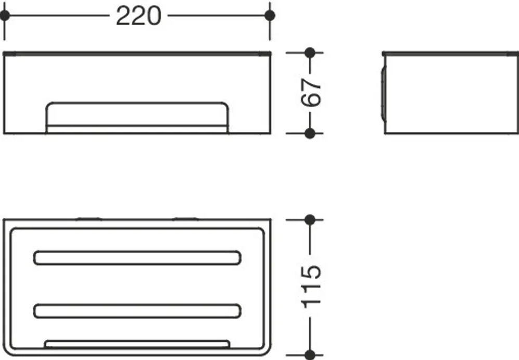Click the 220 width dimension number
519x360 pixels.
tap(138, 16)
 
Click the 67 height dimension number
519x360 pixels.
tap(311, 92)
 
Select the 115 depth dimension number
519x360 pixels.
tap(311, 287)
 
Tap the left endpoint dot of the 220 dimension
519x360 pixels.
tap(5, 15)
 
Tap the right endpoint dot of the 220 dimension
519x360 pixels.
tap(270, 15)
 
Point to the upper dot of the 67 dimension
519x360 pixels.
tap(310, 53)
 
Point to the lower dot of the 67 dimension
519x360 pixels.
tap(310, 133)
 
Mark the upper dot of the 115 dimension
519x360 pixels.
tap(310, 219)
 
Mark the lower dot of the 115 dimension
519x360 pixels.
tap(310, 355)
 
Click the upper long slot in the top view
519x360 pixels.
tap(137, 258)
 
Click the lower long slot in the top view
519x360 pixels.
tap(137, 311)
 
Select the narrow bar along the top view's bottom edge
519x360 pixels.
tap(137, 344)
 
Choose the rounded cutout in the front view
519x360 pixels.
tap(137, 114)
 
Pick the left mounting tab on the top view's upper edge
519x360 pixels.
tap(88, 219)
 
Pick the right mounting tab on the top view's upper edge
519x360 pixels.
tap(185, 219)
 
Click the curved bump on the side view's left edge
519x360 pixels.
tap(383, 94)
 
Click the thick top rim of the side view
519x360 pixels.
tap(450, 53)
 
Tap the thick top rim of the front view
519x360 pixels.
tap(137, 53)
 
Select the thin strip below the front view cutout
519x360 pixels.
tap(137, 130)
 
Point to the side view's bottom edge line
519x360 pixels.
tap(451, 133)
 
